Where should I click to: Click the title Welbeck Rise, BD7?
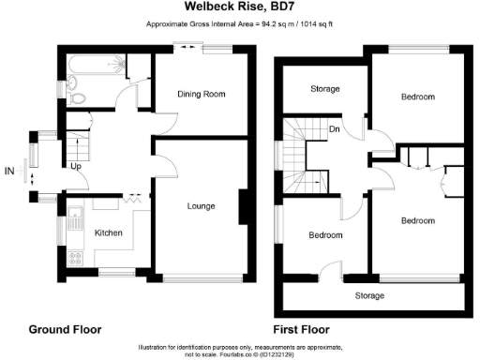click(x=239, y=7)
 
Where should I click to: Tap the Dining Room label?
click(x=202, y=94)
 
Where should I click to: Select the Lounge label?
click(x=202, y=206)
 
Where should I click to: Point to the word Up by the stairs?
click(x=76, y=167)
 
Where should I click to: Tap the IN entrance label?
click(x=9, y=171)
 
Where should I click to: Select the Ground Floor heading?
click(x=65, y=329)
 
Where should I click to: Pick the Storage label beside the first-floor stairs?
click(x=325, y=89)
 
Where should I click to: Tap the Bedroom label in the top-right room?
click(x=418, y=97)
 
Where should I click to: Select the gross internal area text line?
click(x=239, y=22)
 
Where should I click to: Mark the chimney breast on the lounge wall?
click(x=244, y=207)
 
